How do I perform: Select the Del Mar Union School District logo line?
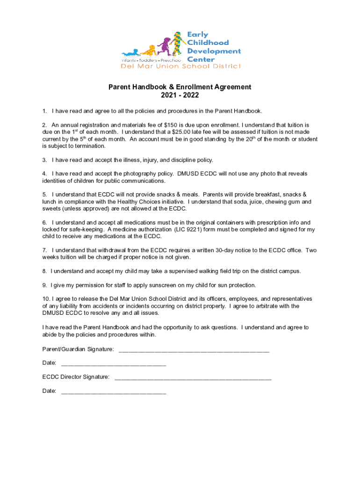[181, 66]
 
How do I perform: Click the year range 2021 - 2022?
[180, 95]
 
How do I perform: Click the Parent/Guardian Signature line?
[194, 349]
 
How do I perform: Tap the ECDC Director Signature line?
[193, 377]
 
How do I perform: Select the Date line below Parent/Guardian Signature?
[114, 363]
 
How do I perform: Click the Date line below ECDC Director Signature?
[114, 391]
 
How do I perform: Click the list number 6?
[44, 223]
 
